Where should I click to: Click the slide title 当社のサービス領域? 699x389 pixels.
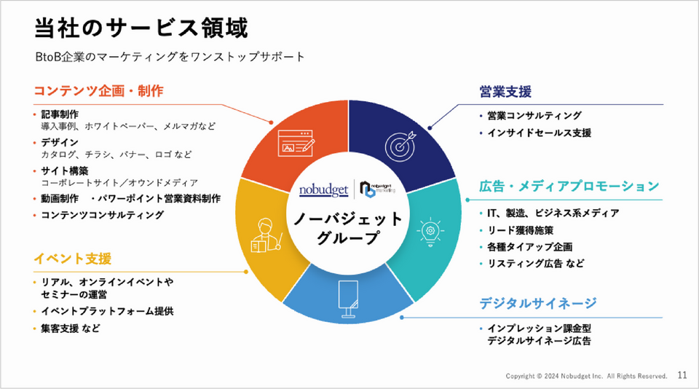(x=141, y=28)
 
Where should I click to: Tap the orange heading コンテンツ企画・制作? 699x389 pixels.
(x=98, y=91)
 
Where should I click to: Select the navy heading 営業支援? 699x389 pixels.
(x=505, y=92)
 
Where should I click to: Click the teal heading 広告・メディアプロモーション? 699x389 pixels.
(x=569, y=186)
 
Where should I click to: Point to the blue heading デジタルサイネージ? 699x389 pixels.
(x=537, y=303)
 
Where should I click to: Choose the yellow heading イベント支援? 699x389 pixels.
(x=72, y=259)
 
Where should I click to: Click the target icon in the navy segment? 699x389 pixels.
(x=400, y=146)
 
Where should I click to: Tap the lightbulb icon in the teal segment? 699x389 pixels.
(x=430, y=232)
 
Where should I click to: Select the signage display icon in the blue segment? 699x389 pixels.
(x=348, y=299)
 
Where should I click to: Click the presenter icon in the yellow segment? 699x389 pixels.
(x=266, y=235)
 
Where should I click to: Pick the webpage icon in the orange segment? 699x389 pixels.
(x=296, y=144)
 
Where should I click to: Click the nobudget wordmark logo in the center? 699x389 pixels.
(x=323, y=190)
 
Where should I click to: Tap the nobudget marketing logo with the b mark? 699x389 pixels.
(x=377, y=189)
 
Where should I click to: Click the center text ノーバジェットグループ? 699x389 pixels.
(x=348, y=228)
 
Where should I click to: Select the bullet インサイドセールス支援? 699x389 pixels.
(x=539, y=133)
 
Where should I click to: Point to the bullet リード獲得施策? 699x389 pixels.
(x=520, y=230)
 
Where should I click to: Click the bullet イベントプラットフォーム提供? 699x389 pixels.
(x=107, y=311)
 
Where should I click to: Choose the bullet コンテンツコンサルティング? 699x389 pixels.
(x=103, y=215)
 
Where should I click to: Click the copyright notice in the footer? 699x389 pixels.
(x=586, y=376)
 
